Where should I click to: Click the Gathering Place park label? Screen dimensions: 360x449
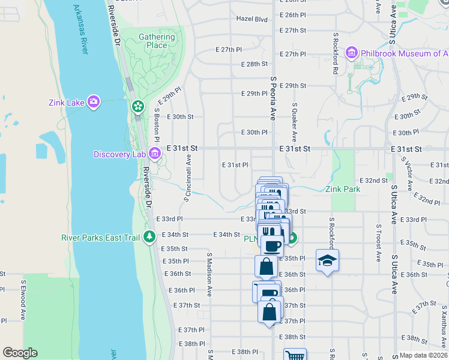(157, 41)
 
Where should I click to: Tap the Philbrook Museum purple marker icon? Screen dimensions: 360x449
(352, 53)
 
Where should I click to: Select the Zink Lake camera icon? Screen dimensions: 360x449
(93, 102)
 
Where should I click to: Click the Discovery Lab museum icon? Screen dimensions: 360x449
(154, 154)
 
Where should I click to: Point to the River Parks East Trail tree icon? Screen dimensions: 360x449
(149, 238)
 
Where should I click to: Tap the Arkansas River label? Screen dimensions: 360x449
(80, 30)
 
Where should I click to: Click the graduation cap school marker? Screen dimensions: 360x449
(327, 260)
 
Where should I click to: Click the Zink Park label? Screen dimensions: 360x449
(343, 188)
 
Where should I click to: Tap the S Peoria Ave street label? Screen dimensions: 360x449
(273, 98)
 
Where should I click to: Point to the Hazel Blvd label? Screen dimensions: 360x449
(252, 19)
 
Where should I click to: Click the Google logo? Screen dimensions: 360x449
(20, 353)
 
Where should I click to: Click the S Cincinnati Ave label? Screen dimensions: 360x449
(188, 176)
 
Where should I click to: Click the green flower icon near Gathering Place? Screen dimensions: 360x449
(138, 107)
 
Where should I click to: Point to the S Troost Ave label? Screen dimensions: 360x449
(379, 243)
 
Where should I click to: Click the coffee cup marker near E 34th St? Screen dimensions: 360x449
(272, 245)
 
